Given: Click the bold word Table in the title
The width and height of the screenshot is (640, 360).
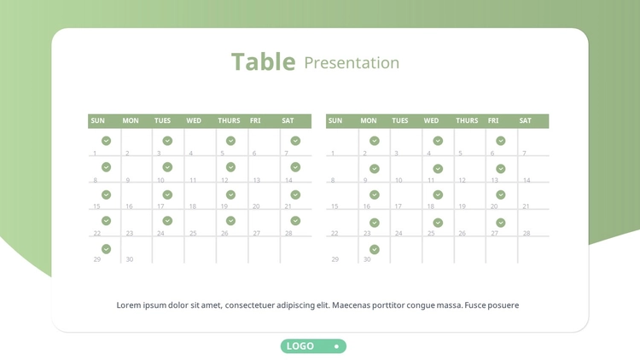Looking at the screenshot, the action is [x=264, y=62].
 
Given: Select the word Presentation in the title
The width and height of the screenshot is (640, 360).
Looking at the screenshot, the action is [x=352, y=63].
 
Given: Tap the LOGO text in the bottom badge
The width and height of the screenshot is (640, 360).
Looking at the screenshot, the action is [x=300, y=346].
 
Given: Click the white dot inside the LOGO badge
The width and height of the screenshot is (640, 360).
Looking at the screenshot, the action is [x=336, y=346].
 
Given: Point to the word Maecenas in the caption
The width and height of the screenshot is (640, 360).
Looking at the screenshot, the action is [x=350, y=305].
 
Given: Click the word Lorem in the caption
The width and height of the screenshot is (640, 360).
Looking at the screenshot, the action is [x=129, y=305].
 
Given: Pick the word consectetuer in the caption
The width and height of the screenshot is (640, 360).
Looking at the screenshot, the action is [x=249, y=305].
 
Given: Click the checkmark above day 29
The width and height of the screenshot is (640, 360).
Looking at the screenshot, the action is [x=106, y=249].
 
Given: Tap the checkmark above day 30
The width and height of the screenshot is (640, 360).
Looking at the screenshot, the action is [x=375, y=249].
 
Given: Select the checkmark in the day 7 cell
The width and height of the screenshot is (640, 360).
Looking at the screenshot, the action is [x=295, y=141].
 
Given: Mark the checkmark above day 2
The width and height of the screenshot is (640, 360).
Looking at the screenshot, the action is [x=375, y=141].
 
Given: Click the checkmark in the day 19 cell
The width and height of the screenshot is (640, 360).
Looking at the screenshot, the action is [x=230, y=195].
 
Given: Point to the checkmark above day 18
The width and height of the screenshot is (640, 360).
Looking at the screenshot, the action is [x=438, y=195].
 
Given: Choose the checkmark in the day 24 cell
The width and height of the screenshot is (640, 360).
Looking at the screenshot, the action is [x=167, y=221].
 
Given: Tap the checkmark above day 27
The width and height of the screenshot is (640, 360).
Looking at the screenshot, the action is [x=501, y=223].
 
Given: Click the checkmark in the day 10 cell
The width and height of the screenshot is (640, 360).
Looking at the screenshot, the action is [x=167, y=167].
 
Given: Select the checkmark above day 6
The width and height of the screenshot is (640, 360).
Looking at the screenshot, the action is [x=501, y=141].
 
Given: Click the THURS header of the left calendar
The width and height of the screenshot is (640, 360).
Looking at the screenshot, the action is [x=229, y=121].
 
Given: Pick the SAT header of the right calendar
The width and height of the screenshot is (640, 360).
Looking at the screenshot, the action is [x=526, y=121].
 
